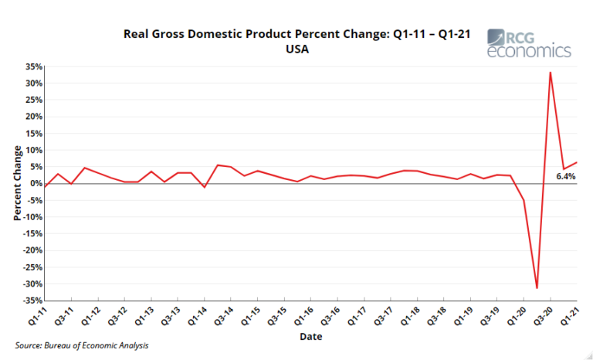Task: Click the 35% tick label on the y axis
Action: pos(32,66)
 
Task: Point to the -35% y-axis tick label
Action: pos(31,301)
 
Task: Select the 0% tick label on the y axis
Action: pos(35,184)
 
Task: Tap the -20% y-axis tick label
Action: pos(31,250)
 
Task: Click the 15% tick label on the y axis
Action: pos(32,134)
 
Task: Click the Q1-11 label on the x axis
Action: pos(37,317)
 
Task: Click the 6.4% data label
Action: pos(566,177)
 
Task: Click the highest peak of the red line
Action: pos(550,73)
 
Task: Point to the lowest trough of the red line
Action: pos(537,287)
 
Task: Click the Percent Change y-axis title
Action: pos(18,184)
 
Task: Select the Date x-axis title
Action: pos(311,337)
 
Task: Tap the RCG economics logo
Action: pos(529,43)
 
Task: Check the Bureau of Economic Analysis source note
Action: pos(82,345)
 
